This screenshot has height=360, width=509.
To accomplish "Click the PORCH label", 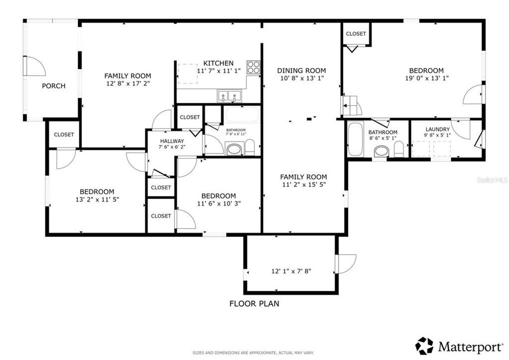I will tap(53, 86).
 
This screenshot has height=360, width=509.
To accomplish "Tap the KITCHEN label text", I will tap(218, 63).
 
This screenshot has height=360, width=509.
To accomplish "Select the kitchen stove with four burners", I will tap(253, 67).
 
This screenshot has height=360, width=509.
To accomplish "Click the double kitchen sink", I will tap(229, 95).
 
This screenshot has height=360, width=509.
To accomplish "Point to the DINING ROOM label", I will tap(301, 70).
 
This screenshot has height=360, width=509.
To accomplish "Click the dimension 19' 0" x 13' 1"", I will tap(426, 78).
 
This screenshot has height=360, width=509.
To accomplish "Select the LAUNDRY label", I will tap(437, 129).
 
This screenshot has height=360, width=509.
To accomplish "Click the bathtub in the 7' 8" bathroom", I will tap(241, 115).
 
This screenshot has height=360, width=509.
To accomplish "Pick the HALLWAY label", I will tap(172, 141).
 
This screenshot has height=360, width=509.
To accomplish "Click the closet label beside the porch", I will tap(64, 134).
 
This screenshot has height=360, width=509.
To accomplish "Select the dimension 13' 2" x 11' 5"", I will tap(97, 199).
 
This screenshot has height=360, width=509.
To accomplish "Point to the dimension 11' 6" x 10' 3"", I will tap(219, 203).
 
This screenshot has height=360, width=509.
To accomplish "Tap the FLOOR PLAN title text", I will tap(254, 303).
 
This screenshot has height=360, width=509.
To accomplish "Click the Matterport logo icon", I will tap(424, 346).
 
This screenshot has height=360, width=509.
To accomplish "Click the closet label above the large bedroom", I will tap(356, 33).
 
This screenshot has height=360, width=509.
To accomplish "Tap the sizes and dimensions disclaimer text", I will tap(254, 353).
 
